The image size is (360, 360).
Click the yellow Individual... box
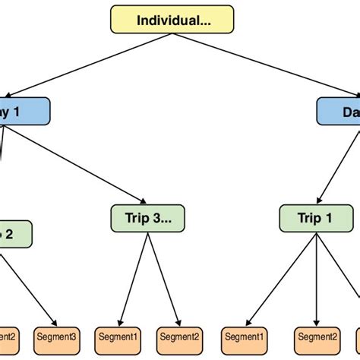point(172,19)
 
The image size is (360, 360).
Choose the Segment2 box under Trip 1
point(317,335)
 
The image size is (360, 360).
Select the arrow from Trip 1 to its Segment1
point(277,277)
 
